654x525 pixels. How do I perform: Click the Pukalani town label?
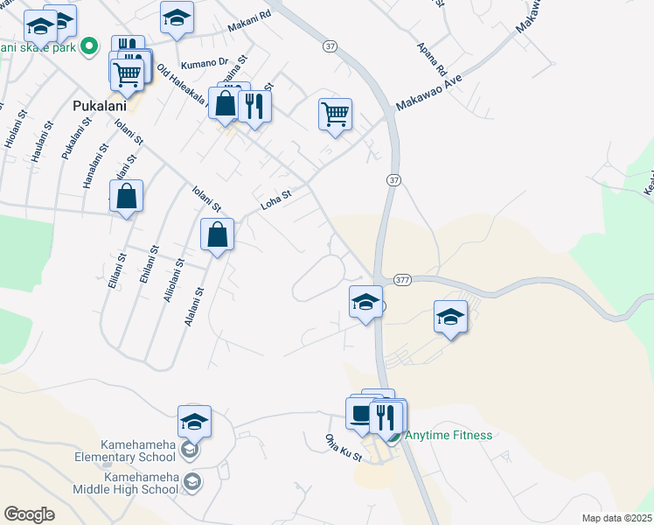click(100, 106)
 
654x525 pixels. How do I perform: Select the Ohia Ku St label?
click(343, 449)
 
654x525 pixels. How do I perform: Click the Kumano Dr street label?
click(204, 63)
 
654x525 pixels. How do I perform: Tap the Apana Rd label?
click(432, 58)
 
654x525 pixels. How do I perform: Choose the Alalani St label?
click(194, 308)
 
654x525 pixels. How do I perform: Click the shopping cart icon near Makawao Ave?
click(336, 114)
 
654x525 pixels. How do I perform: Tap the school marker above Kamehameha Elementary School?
click(194, 421)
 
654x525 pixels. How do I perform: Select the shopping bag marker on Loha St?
click(217, 234)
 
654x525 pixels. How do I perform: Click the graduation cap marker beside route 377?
click(365, 302)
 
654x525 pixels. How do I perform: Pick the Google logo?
click(30, 514)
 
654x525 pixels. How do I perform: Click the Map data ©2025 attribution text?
click(616, 518)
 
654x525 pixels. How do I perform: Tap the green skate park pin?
click(88, 46)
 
